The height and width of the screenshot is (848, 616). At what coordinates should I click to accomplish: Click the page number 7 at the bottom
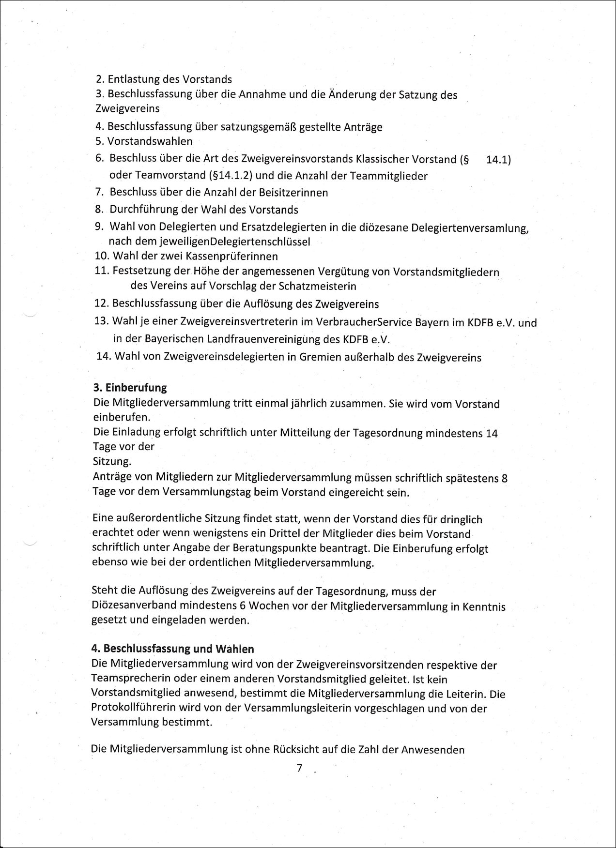tap(299, 768)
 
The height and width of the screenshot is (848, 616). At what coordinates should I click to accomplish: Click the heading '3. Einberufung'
tap(130, 388)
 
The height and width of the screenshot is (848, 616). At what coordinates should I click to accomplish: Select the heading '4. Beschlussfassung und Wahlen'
tap(172, 649)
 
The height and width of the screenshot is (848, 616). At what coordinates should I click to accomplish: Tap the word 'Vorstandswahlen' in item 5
tap(150, 141)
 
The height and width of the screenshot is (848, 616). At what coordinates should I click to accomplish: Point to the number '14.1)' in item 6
tap(498, 159)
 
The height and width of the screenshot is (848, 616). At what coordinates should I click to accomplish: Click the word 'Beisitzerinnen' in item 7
tap(295, 193)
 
